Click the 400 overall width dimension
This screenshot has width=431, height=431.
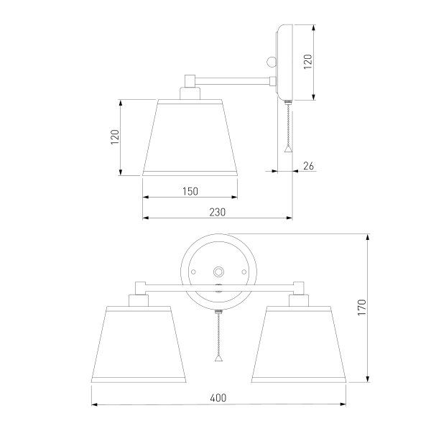tap(218, 398)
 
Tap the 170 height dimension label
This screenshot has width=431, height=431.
tap(362, 307)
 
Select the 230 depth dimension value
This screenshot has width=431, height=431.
tap(218, 212)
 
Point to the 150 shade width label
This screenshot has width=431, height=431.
tap(190, 191)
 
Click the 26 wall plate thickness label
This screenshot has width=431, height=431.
tap(308, 166)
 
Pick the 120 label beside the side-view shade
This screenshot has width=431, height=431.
tap(115, 137)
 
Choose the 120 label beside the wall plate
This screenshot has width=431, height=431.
tap(308, 62)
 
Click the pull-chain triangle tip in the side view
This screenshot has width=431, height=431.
tap(288, 149)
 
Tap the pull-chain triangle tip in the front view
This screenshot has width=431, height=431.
tap(219, 358)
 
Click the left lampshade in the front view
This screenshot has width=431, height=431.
tap(139, 344)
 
